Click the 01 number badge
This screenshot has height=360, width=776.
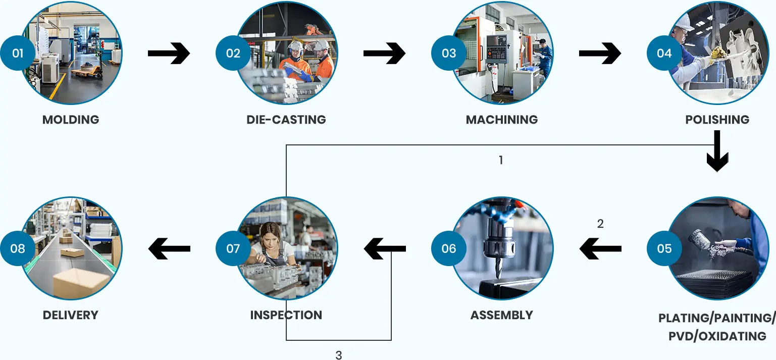click(x=18, y=53)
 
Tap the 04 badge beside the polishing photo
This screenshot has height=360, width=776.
click(x=664, y=53)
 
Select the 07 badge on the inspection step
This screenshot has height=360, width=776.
click(x=233, y=248)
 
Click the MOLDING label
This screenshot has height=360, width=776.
click(x=71, y=120)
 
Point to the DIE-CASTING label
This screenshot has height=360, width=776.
click(x=286, y=120)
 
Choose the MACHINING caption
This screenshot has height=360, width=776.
click(x=502, y=120)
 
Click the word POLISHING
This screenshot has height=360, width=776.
click(x=717, y=120)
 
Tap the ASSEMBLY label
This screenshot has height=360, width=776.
click(x=502, y=315)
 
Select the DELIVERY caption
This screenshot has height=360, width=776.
click(x=71, y=315)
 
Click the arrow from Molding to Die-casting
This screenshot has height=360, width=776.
click(x=169, y=53)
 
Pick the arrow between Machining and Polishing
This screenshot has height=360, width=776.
click(x=600, y=53)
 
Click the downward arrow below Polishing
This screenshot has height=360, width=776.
click(x=717, y=151)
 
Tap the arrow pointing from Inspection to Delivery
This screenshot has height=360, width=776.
click(x=169, y=248)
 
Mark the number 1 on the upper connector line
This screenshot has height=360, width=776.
click(x=501, y=161)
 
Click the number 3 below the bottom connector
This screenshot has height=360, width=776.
click(x=339, y=355)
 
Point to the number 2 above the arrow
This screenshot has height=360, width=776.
click(x=600, y=224)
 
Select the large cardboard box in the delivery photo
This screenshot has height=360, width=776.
click(x=81, y=283)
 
